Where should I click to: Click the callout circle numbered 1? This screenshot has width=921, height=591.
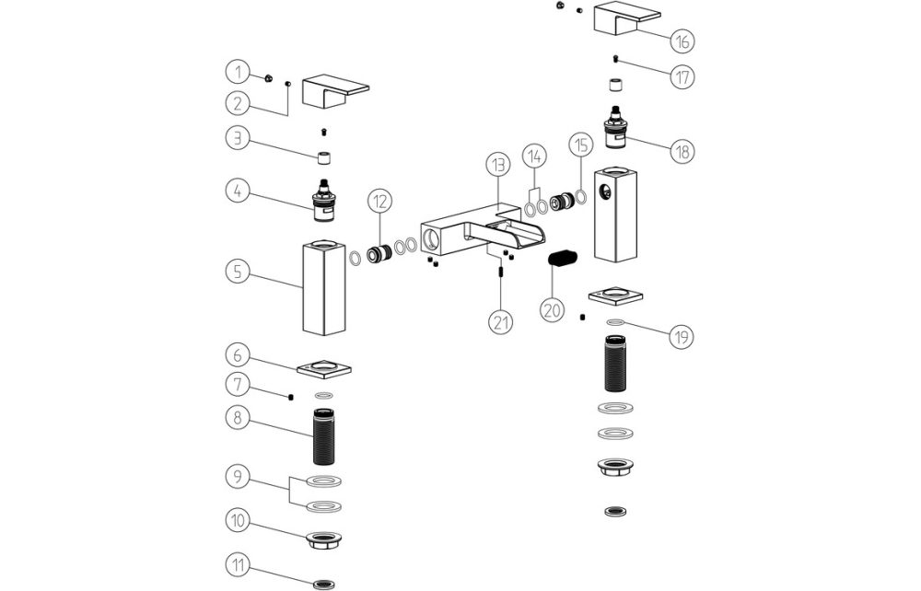pos(238,71)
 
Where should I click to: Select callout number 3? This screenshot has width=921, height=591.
pos(238,139)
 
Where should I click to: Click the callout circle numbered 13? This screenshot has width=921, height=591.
pos(497,166)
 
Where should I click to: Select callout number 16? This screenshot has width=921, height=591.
pos(682,41)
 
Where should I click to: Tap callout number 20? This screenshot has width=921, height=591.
pos(553,310)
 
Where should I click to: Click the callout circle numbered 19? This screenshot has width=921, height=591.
pos(681,337)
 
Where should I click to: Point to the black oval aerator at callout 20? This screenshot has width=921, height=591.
pos(564,259)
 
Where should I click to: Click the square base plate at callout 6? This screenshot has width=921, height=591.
pos(324,368)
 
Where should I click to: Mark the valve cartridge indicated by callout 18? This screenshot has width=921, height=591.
pos(614,128)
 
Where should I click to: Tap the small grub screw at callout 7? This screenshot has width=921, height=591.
pos(291,397)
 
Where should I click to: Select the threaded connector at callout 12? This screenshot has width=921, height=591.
pos(376,256)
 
